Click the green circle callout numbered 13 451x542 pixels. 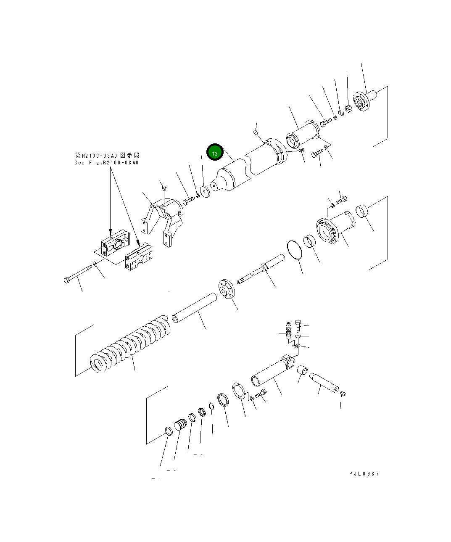coord(215,153)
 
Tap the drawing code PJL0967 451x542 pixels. coord(364,474)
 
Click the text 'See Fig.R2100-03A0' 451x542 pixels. coord(106,163)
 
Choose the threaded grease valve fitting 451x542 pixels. coord(288,330)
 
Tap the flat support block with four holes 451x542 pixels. coord(139,259)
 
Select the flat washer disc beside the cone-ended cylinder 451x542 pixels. coord(205,191)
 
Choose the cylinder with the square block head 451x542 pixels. coord(273,370)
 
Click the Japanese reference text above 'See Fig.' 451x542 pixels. coord(107,155)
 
